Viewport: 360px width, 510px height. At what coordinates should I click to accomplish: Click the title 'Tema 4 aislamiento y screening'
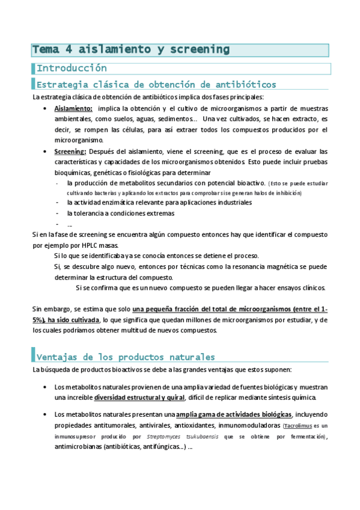[131, 49]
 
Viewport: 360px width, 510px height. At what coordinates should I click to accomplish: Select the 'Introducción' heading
[72, 68]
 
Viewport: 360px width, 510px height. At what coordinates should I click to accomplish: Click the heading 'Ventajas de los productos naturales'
[126, 356]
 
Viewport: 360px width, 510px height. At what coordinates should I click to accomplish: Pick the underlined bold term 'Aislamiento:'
[73, 108]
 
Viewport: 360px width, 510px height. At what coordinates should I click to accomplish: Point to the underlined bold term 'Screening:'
[70, 151]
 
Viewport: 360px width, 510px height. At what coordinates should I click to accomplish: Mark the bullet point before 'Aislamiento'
[47, 108]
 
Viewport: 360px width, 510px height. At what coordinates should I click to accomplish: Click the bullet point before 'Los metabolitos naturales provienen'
[47, 387]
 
